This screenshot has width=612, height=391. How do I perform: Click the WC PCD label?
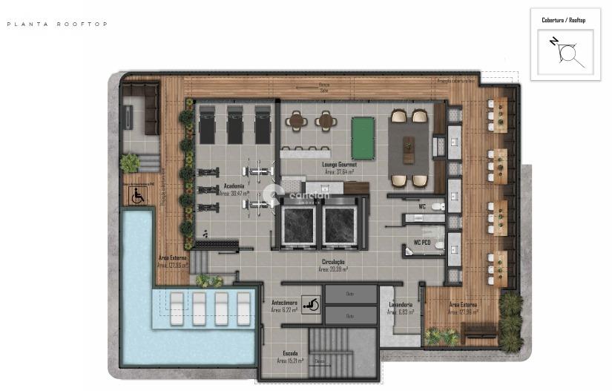[423, 243]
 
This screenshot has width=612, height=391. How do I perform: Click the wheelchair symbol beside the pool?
[137, 197]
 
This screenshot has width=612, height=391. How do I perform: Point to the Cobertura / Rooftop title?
[563, 20]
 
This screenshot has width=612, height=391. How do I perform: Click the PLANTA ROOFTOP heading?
[57, 24]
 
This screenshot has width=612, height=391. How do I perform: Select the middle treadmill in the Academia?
[235, 125]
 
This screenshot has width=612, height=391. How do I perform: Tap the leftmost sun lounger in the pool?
[177, 305]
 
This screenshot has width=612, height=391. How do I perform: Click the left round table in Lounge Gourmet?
[297, 120]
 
